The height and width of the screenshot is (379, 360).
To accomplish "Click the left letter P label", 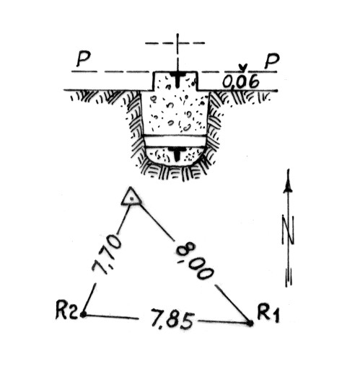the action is click(83, 59).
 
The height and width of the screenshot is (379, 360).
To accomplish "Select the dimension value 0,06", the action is click(241, 81).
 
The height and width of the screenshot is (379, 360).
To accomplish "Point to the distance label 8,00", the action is click(195, 261).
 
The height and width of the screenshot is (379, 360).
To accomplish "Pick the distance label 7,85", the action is click(173, 319).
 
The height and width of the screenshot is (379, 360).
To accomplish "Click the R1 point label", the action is click(268, 313).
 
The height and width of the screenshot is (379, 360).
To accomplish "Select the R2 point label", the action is click(66, 310).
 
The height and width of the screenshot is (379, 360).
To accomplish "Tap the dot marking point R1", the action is click(250, 323).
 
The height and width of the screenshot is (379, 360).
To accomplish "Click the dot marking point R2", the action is click(83, 315).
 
